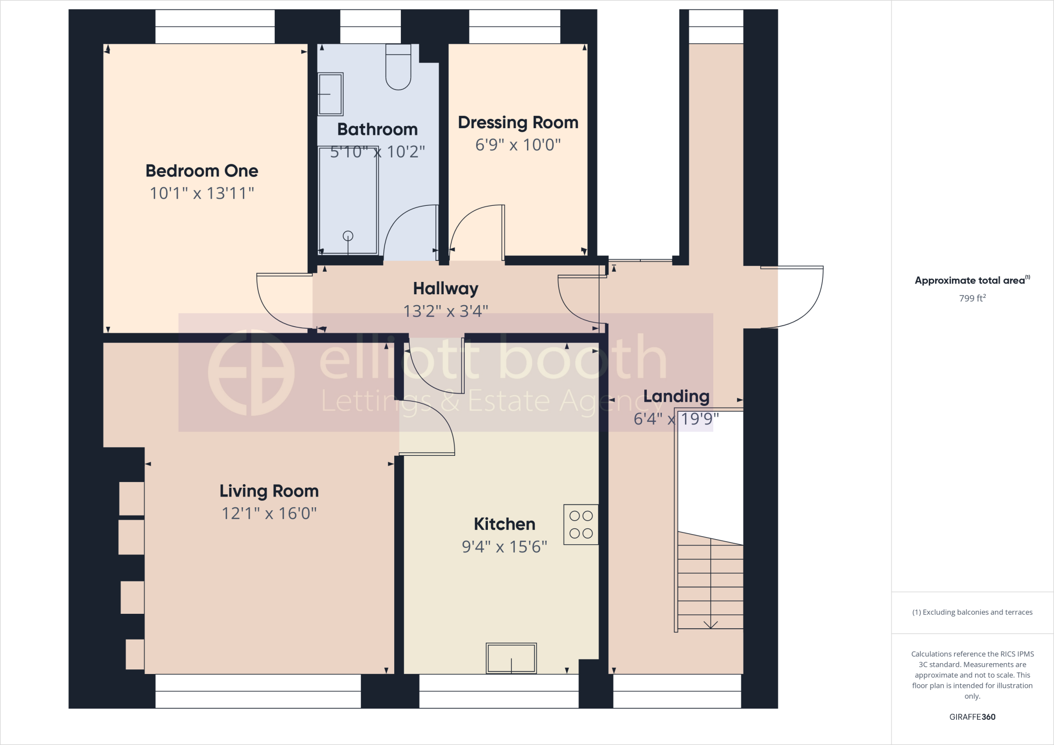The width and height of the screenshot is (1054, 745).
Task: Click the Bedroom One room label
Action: pyautogui.click(x=202, y=171)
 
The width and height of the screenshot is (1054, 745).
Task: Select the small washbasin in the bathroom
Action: pyautogui.click(x=330, y=94)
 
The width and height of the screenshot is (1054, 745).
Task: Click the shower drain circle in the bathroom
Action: pyautogui.click(x=348, y=236)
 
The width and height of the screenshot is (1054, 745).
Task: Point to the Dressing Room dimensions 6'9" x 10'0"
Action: pyautogui.click(x=518, y=145)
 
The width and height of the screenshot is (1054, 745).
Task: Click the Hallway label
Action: pyautogui.click(x=446, y=289)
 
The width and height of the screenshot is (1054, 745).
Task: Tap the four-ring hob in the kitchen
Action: pyautogui.click(x=581, y=524)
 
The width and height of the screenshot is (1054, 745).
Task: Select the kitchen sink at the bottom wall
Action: pyautogui.click(x=511, y=658)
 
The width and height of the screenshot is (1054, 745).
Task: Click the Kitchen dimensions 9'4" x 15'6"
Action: pyautogui.click(x=504, y=546)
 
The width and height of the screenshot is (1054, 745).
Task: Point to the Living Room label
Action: pyautogui.click(x=269, y=491)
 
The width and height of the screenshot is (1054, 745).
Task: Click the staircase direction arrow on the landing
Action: pyautogui.click(x=711, y=624)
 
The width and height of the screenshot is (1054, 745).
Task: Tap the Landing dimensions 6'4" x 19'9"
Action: pyautogui.click(x=676, y=419)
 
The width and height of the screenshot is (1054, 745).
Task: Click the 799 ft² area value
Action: pyautogui.click(x=972, y=298)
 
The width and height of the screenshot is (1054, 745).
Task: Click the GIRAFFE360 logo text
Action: pyautogui.click(x=972, y=717)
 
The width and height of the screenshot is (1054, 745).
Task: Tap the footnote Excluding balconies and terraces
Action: pyautogui.click(x=972, y=612)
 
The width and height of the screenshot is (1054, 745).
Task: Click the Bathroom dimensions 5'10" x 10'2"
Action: pyautogui.click(x=377, y=152)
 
